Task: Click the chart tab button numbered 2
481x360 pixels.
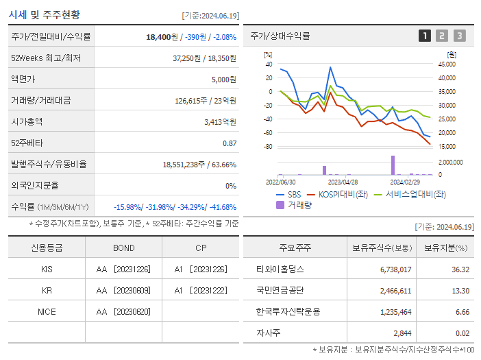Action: pos(442,36)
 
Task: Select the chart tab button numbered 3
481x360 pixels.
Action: pos(459,36)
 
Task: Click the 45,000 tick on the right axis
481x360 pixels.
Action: pos(446,64)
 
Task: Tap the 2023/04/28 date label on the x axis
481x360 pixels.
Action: pos(343,182)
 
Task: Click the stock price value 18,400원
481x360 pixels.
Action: pos(163,36)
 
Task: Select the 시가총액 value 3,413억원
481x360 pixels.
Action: pos(220,121)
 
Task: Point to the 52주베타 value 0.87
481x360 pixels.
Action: pos(229,143)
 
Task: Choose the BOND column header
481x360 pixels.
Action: pos(123,248)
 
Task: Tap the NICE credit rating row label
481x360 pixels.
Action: pos(47,311)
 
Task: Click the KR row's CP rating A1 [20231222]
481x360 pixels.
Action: pos(200,290)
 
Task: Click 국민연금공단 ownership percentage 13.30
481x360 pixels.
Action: pos(460,290)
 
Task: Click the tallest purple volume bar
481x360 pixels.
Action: pos(393,165)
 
